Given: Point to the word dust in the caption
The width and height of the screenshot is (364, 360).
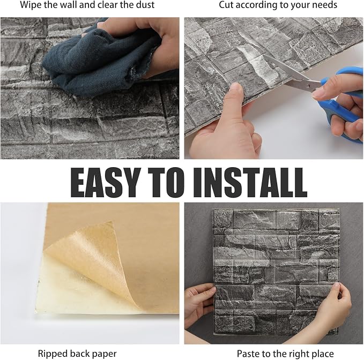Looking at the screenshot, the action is coord(145,5).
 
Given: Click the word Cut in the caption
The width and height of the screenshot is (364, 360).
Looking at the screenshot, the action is coord(226,5).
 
